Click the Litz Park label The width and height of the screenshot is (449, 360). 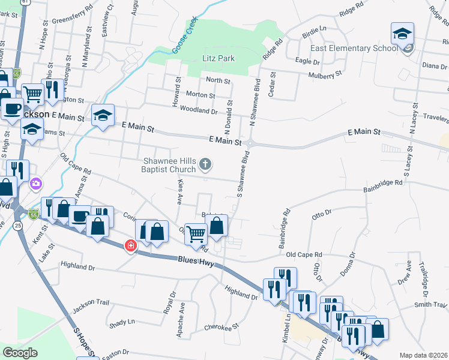[x=218, y=58]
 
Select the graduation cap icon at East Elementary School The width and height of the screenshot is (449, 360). [x=402, y=34]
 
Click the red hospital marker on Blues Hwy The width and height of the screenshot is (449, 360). [x=130, y=246]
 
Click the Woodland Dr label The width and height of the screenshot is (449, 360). [x=202, y=111]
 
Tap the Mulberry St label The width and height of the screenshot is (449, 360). [x=325, y=74]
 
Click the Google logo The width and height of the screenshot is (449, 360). [x=20, y=353]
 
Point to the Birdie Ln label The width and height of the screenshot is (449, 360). [x=314, y=29]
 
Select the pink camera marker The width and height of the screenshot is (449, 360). [x=36, y=182]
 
